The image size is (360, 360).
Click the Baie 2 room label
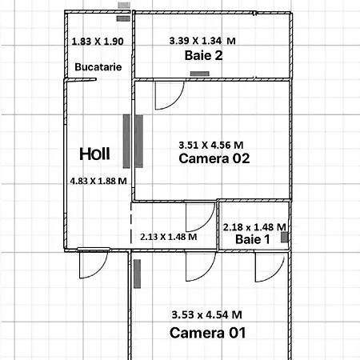click(x=203, y=55)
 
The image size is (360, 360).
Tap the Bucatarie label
click(x=98, y=67)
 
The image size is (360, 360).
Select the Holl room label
click(x=94, y=154)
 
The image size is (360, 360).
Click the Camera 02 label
click(x=214, y=158)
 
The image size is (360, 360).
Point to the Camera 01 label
click(x=207, y=333)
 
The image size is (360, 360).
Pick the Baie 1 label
click(x=253, y=239)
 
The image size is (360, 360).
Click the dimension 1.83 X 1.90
click(x=98, y=42)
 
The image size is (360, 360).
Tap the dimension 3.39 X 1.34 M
click(x=202, y=41)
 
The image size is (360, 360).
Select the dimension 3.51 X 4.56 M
click(x=211, y=146)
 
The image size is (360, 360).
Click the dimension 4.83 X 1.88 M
click(x=98, y=182)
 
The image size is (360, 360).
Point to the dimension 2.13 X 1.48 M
click(x=169, y=237)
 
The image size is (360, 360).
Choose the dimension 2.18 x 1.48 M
click(x=254, y=227)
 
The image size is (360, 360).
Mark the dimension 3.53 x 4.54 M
click(x=206, y=315)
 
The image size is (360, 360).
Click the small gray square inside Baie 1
click(x=285, y=237)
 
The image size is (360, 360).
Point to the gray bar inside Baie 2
click(x=200, y=74)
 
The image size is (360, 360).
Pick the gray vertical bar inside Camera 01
click(x=137, y=274)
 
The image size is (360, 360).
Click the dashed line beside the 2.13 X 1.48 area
click(x=131, y=223)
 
